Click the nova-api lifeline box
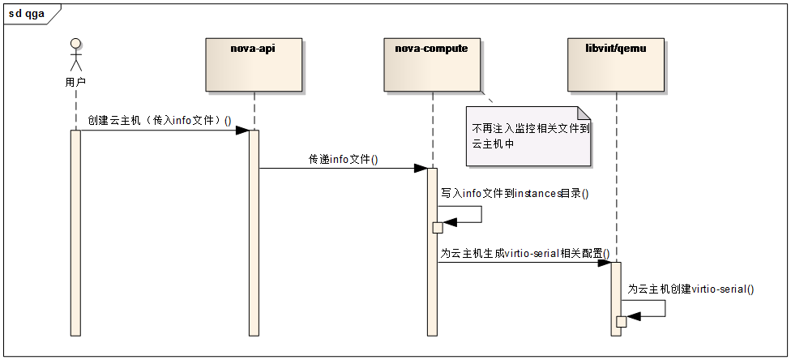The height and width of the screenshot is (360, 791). click(x=254, y=65)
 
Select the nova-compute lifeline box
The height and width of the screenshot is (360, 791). click(x=431, y=65)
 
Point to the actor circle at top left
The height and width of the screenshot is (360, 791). click(x=76, y=44)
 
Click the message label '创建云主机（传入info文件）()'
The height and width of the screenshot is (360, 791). click(x=160, y=121)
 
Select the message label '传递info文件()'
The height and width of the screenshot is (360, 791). click(x=343, y=160)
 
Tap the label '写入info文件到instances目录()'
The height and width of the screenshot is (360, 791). click(x=515, y=193)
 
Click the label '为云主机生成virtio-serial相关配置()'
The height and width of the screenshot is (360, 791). click(x=525, y=253)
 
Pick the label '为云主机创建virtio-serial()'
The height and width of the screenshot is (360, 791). click(x=691, y=289)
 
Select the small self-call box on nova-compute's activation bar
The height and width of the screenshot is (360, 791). click(x=438, y=228)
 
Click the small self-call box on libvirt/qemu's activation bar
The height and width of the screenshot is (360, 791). click(x=622, y=322)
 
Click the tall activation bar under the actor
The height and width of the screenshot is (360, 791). click(x=75, y=233)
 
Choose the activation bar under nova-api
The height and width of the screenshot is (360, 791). click(x=254, y=233)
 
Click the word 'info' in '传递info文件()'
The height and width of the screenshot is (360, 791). click(x=339, y=160)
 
